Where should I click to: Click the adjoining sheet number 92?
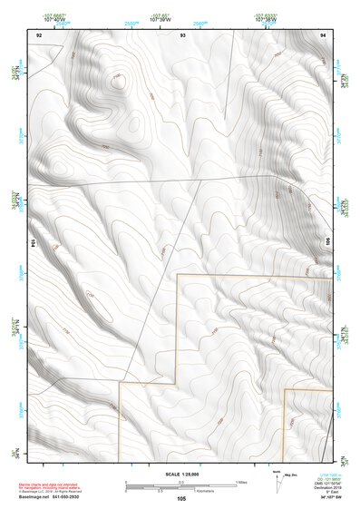38,34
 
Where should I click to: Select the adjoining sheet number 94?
324,34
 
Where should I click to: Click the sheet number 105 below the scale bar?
182,499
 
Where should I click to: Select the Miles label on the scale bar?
241,482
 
